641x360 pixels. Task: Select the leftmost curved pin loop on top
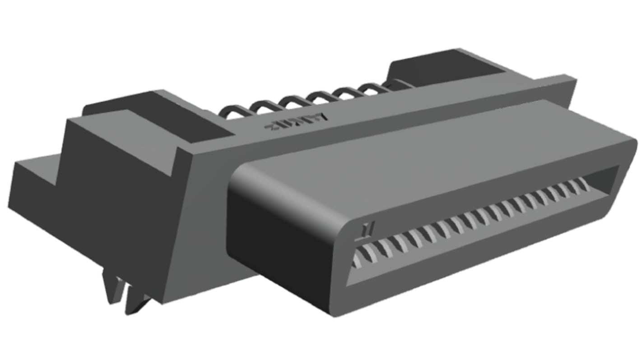(236, 112)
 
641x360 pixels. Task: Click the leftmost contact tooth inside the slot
(359, 258)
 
